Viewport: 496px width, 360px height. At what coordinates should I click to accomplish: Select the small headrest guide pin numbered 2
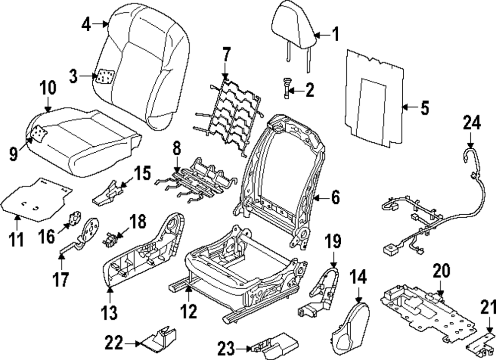(x=287, y=88)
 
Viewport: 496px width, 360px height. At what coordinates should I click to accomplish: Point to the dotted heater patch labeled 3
(x=105, y=77)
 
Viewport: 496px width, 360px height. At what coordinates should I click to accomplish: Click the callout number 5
(x=425, y=108)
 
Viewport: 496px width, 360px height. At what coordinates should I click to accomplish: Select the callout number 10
(x=48, y=89)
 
